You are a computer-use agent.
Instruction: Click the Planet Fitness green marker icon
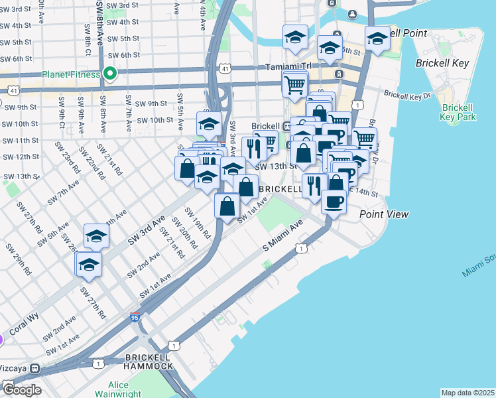(111, 74)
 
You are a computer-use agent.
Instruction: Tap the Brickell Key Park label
(458, 112)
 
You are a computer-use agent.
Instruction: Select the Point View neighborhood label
(384, 214)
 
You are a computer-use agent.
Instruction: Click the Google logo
(21, 389)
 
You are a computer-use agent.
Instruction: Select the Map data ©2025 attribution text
(467, 393)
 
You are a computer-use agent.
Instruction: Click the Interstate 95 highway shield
(135, 318)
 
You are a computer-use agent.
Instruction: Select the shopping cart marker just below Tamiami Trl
(294, 84)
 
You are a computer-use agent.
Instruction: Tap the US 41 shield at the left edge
(13, 90)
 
